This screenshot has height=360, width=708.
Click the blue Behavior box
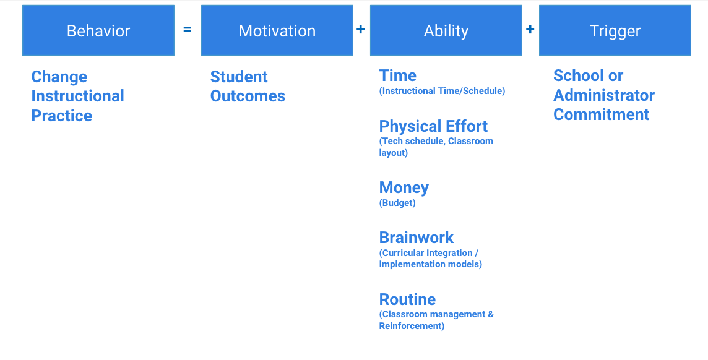(x=98, y=31)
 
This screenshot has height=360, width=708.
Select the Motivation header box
(x=277, y=31)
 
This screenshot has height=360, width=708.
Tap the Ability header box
(x=446, y=31)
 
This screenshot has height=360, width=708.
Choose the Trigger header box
(x=615, y=31)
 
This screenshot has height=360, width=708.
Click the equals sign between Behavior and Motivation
(x=188, y=30)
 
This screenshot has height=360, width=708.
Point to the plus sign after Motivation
(x=361, y=30)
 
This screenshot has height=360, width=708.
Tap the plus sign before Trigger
(x=530, y=30)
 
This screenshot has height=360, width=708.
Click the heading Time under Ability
(x=397, y=75)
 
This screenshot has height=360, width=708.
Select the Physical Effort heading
(x=433, y=126)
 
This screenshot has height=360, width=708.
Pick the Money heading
(x=404, y=187)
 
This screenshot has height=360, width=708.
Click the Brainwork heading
(x=416, y=238)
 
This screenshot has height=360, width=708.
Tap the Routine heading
(x=407, y=299)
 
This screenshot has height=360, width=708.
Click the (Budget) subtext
(x=397, y=203)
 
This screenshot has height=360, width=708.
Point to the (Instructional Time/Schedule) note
(x=442, y=91)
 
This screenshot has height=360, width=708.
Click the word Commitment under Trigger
(x=601, y=114)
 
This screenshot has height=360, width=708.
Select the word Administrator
(x=603, y=95)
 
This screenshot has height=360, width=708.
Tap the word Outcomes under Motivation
(x=248, y=96)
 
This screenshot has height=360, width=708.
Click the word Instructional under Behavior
(x=77, y=96)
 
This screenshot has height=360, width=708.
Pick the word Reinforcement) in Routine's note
(x=412, y=326)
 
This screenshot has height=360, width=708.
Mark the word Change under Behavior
(x=59, y=77)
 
